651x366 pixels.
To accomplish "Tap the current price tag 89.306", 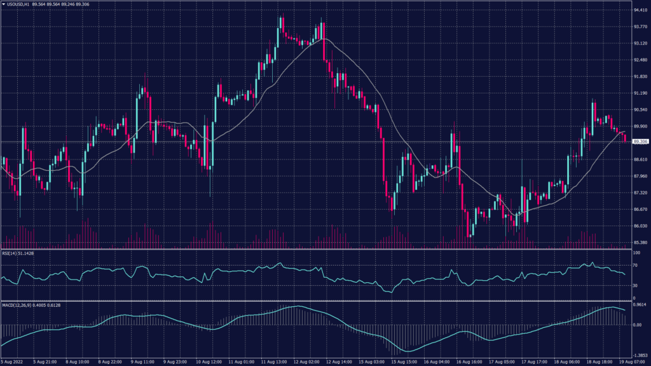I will point(640,142).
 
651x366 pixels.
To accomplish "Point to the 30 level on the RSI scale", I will point(634,286).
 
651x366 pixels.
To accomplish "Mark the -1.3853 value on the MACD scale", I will point(639,356).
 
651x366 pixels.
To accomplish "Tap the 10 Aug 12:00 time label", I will point(208,362).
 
